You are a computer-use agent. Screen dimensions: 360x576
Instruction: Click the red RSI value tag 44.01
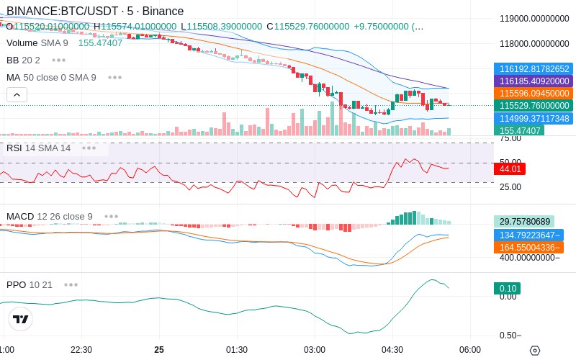[x=510, y=169]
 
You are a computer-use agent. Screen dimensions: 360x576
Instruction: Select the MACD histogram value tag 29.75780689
[x=523, y=222]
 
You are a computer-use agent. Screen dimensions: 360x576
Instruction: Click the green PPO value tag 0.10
[x=506, y=289]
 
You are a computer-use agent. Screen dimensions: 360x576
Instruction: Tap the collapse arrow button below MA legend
[x=17, y=94]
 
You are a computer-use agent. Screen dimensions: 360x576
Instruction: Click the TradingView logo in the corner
[x=21, y=319]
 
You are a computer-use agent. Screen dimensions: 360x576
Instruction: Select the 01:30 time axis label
[x=237, y=350]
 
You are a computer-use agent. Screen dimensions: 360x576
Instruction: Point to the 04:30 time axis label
[x=392, y=350]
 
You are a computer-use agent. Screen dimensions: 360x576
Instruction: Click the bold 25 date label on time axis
[x=159, y=350]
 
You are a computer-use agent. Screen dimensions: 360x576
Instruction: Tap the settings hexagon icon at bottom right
[x=534, y=351]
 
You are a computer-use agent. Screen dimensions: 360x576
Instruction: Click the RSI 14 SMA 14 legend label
[x=39, y=148]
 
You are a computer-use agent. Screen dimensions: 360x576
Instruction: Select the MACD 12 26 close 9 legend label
[x=50, y=216]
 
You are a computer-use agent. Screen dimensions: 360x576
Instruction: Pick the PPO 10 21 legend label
[x=30, y=284]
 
